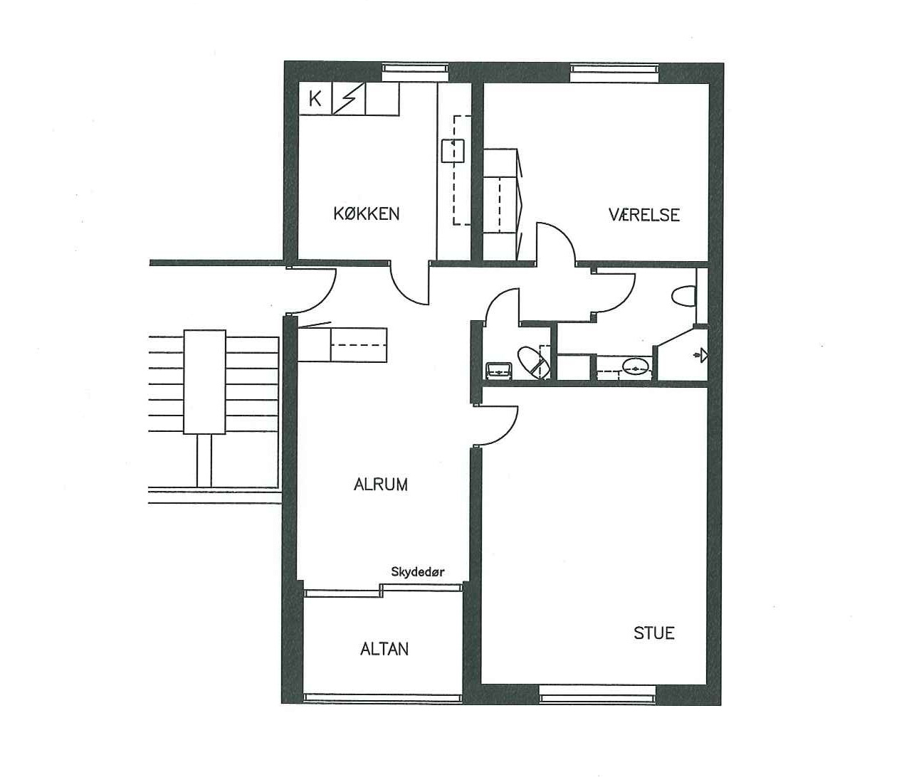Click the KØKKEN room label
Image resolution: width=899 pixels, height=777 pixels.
[x=366, y=214]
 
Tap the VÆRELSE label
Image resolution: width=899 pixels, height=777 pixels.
[x=643, y=215]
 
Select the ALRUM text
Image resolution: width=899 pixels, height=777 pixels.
[x=381, y=485]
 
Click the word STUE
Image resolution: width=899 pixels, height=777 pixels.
[x=653, y=633]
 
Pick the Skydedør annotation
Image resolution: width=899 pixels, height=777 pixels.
[x=418, y=572]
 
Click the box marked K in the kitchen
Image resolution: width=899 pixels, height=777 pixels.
[x=315, y=99]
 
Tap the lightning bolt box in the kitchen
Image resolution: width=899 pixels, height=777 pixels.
[x=349, y=99]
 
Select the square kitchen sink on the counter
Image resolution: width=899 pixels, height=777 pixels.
[x=453, y=151]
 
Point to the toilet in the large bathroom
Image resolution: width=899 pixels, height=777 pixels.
[x=684, y=297]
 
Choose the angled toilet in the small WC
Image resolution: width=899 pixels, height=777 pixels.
[x=534, y=363]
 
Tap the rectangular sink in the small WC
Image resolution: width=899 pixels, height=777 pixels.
[x=499, y=370]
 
